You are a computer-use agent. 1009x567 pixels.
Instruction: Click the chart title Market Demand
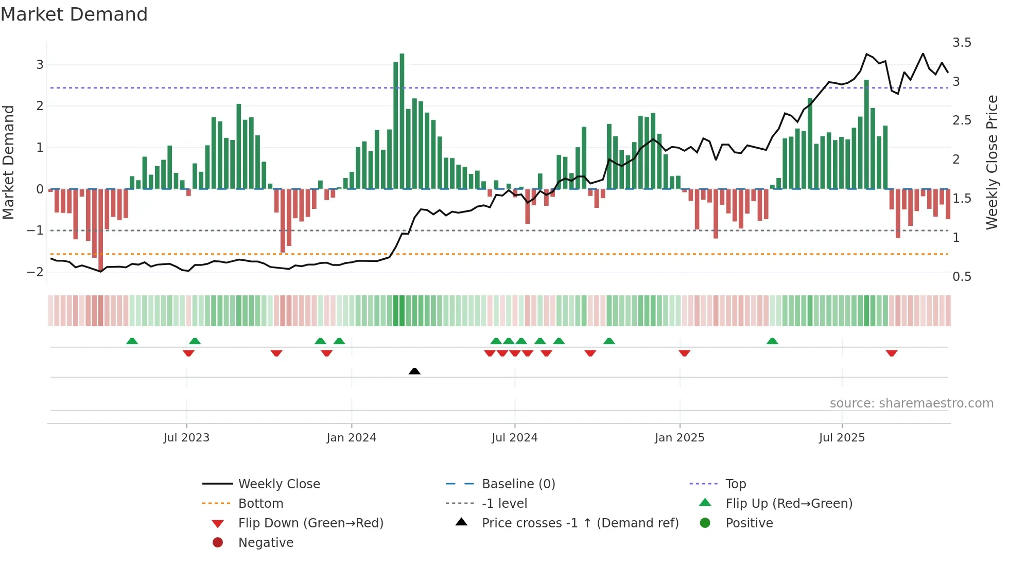click(74, 14)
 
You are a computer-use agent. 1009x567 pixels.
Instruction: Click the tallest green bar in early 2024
click(402, 121)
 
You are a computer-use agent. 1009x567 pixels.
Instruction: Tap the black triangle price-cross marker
click(414, 371)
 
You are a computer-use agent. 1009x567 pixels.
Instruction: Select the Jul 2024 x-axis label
click(514, 438)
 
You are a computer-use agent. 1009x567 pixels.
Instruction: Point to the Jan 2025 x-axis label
click(680, 438)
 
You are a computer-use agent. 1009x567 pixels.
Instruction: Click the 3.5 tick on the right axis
click(962, 43)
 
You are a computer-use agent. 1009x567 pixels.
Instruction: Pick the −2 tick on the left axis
click(35, 272)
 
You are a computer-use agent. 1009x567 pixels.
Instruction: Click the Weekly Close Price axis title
click(991, 162)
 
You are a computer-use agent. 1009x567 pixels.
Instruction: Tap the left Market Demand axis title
click(8, 162)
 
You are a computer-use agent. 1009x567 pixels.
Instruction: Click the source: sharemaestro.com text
click(911, 403)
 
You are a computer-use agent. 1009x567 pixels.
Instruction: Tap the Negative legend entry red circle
click(218, 543)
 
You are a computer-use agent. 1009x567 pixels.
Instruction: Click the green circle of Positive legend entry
click(705, 523)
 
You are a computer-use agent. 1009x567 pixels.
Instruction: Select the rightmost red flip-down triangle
click(892, 353)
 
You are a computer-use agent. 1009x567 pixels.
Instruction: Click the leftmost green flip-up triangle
click(132, 341)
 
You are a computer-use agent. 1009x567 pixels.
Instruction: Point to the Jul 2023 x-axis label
click(186, 438)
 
